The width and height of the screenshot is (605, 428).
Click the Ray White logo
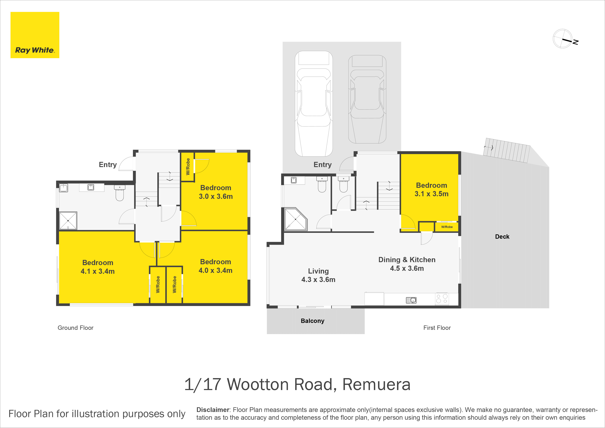35,35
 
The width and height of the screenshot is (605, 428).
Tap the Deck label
502,237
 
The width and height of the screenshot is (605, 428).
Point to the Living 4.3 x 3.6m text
318,275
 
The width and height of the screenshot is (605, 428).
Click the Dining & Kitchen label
407,260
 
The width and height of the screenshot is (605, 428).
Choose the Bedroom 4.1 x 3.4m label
98,267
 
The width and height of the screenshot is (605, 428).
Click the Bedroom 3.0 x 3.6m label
216,192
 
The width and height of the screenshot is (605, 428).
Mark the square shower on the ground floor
68,220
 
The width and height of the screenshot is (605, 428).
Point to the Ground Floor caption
75,328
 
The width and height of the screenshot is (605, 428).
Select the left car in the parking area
314,104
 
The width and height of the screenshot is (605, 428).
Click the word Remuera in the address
376,385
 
